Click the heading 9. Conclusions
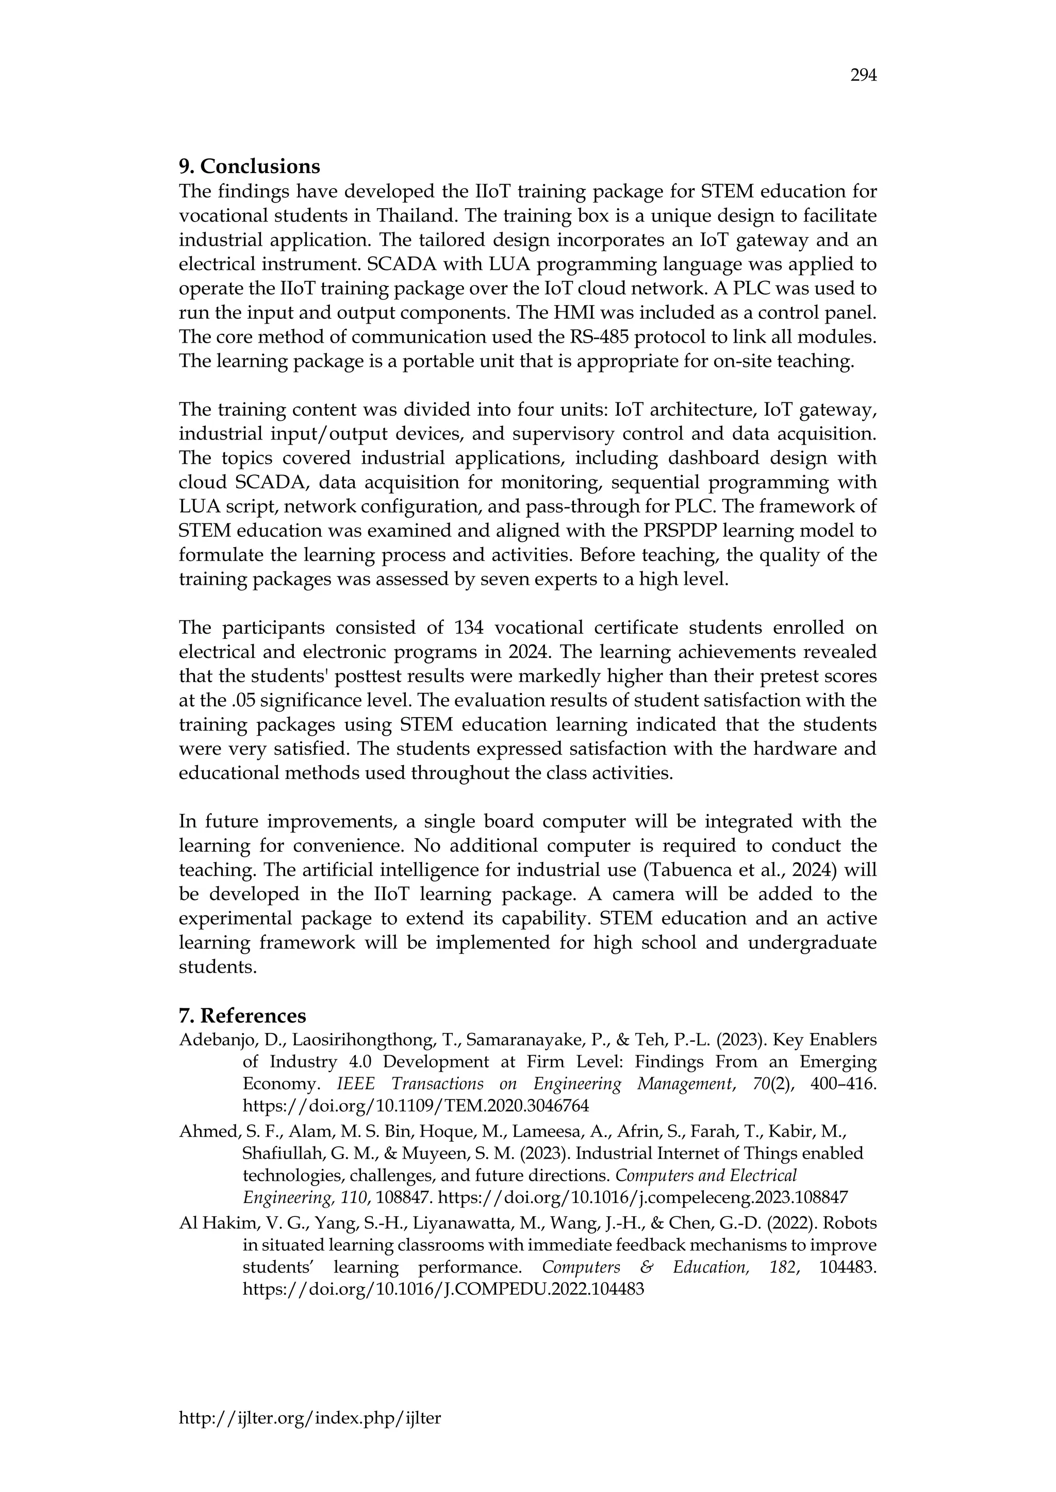point(249,166)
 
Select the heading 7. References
point(242,1015)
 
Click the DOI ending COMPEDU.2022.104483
point(443,1289)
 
